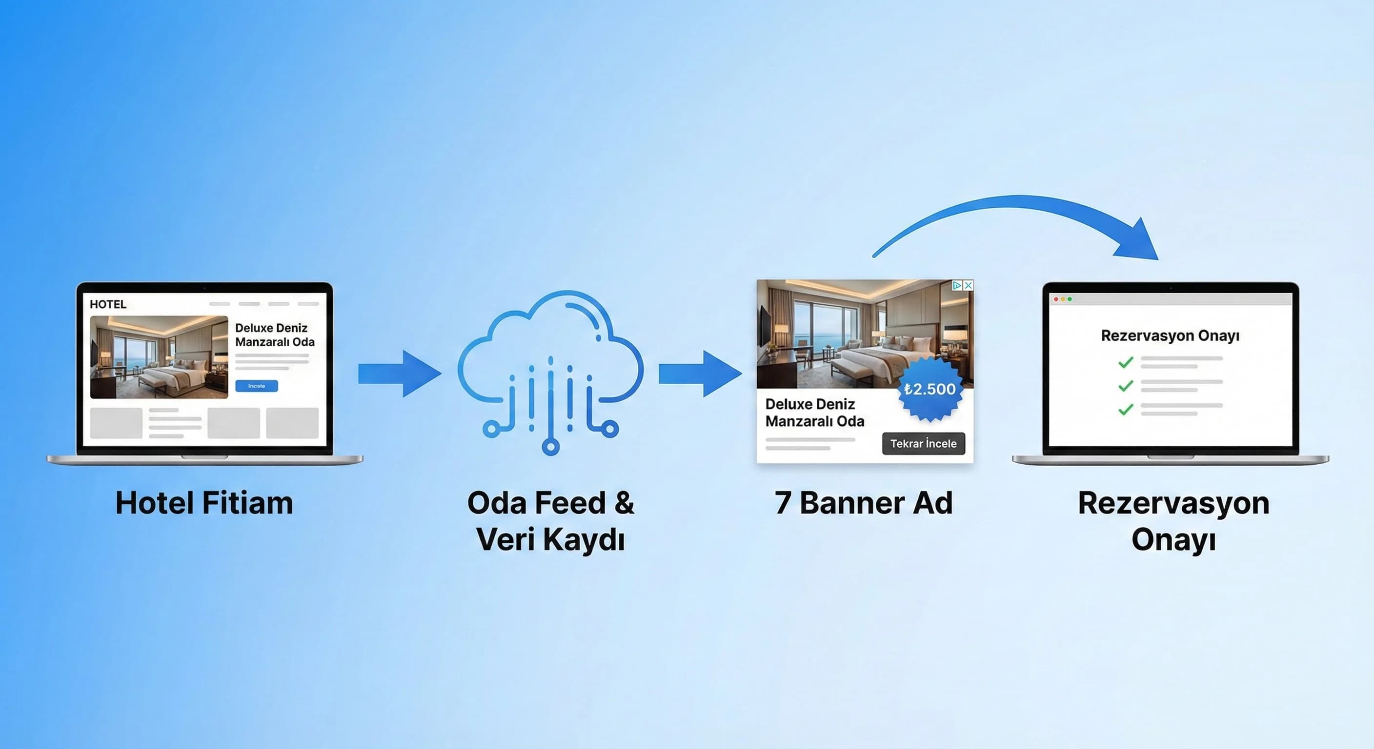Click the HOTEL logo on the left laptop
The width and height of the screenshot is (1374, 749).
[108, 304]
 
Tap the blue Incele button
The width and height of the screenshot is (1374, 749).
[257, 386]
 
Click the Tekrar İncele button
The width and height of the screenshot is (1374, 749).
[923, 444]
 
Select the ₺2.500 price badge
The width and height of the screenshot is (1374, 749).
[930, 389]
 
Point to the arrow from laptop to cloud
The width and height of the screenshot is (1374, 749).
[399, 374]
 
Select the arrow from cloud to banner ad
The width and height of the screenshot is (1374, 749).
[700, 374]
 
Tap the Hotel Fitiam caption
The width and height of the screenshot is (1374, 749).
[204, 503]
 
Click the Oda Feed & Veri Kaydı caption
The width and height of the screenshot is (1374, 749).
[550, 521]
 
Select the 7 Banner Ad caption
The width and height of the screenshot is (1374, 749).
[864, 503]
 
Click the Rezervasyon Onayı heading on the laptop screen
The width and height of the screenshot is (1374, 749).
[1170, 336]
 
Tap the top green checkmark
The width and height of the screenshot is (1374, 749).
[1126, 362]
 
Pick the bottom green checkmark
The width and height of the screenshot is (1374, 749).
[1126, 410]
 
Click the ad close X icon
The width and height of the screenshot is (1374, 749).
[968, 286]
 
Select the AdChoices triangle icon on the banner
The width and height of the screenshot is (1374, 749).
[957, 286]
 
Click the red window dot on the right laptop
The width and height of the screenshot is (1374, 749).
[1056, 299]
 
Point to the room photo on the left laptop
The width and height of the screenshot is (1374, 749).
[159, 357]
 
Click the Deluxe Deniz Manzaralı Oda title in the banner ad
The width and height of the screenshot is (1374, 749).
[814, 413]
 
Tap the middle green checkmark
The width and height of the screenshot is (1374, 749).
[1126, 386]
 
